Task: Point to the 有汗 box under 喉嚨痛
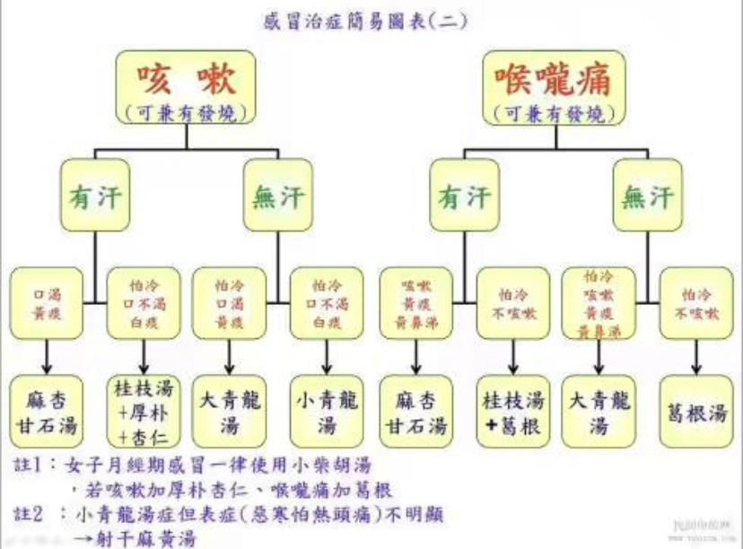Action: pos(464,196)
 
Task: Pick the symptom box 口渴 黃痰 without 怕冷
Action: pos(45,301)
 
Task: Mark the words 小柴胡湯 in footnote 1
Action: pos(328,466)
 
